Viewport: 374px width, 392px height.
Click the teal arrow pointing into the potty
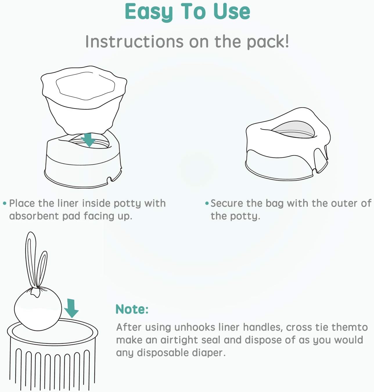(88, 140)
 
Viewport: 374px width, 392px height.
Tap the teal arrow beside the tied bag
(71, 308)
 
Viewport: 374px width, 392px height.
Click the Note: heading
(132, 309)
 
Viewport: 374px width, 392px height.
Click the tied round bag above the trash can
(38, 311)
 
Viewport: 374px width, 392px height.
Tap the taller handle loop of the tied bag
(31, 259)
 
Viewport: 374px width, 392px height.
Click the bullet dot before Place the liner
(4, 203)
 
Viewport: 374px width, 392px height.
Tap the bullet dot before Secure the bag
(207, 203)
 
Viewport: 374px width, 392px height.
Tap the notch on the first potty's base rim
(110, 180)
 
